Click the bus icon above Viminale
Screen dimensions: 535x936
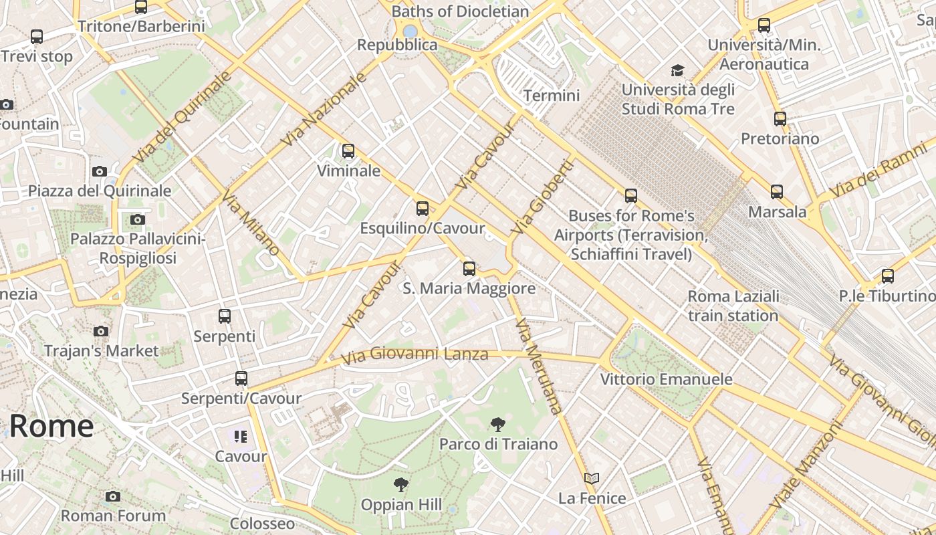(x=348, y=151)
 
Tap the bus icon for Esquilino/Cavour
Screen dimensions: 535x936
(x=422, y=209)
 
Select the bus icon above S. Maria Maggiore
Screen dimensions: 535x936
(x=469, y=269)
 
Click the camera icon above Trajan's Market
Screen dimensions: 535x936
(x=101, y=331)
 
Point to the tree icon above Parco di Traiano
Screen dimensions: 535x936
(x=497, y=424)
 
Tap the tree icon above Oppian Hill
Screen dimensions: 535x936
(x=400, y=484)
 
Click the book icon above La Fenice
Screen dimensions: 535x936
(x=591, y=478)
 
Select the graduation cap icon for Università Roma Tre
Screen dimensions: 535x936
(x=677, y=70)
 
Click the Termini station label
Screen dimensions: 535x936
(x=552, y=96)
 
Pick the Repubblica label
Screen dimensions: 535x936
(x=397, y=45)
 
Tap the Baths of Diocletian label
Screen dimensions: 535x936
(x=460, y=11)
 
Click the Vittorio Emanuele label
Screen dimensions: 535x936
(x=666, y=379)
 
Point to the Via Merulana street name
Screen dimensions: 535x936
(x=539, y=366)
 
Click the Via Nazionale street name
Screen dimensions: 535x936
(x=324, y=110)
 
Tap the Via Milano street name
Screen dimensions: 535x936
(x=251, y=223)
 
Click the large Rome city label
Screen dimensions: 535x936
(x=51, y=426)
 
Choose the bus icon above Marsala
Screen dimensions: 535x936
(x=776, y=192)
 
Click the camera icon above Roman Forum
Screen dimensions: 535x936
(x=113, y=496)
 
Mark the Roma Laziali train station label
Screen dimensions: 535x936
(x=733, y=306)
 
